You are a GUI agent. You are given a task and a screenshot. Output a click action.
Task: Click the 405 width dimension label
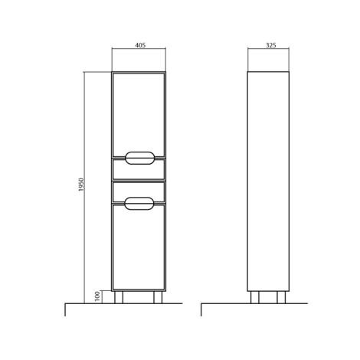140,45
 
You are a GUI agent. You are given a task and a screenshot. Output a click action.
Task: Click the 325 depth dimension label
271,45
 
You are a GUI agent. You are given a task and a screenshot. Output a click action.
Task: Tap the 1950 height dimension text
81,185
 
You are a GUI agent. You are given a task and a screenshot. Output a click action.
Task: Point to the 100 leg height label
97,296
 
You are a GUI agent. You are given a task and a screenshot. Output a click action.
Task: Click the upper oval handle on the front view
140,158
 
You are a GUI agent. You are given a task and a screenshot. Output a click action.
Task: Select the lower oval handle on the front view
139,204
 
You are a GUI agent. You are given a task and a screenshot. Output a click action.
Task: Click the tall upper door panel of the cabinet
139,115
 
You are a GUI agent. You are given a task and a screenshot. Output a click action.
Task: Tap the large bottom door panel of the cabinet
139,247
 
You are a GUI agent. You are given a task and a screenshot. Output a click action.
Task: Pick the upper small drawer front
139,169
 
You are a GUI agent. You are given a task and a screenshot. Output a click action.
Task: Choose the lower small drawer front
139,192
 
